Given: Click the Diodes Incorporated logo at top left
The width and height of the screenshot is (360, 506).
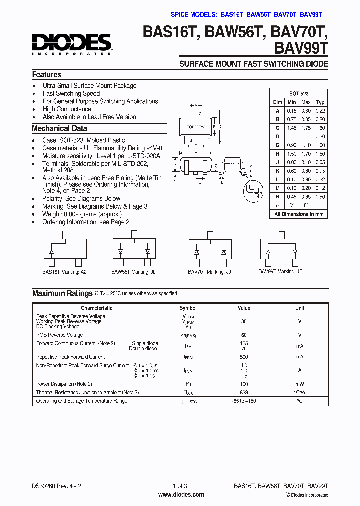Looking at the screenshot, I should click(72, 44).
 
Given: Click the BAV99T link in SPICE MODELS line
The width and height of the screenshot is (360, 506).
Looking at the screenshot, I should click(311, 14).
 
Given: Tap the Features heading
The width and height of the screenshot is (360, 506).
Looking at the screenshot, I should click(47, 75).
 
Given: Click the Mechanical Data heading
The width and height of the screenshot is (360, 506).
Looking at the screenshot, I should click(59, 129).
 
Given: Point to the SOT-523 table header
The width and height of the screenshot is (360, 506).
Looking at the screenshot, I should click(299, 94).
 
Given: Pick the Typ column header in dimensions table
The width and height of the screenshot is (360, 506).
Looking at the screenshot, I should click(321, 102).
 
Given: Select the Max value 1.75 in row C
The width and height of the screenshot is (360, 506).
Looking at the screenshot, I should click(306, 128).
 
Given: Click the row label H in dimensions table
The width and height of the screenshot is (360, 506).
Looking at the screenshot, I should click(277, 154).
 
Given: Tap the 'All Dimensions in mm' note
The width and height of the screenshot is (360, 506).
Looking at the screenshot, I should click(299, 214).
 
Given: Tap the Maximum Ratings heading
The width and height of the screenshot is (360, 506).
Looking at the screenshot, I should click(62, 293).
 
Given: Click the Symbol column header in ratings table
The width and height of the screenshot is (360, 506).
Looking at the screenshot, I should click(188, 308).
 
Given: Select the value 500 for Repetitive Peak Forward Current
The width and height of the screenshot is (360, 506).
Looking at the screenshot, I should click(244, 357).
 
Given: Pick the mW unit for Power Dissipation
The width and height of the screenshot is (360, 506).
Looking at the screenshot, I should click(300, 384).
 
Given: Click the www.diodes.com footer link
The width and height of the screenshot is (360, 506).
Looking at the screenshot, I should click(181, 495).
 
